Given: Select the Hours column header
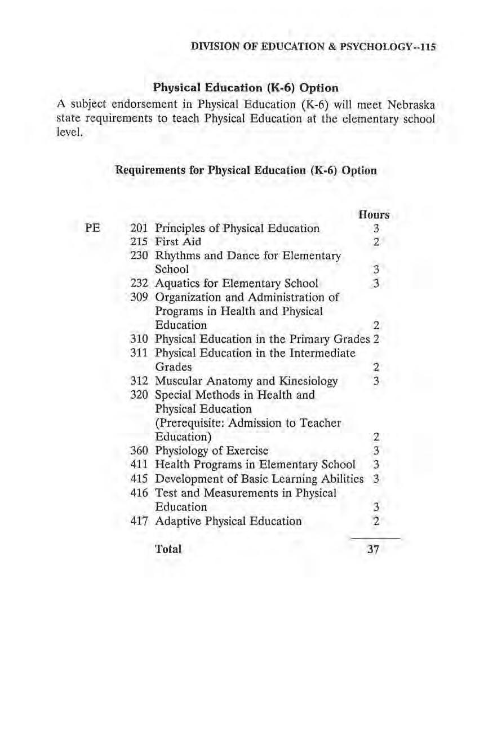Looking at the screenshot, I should pyautogui.click(x=374, y=215).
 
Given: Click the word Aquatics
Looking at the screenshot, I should pyautogui.click(x=178, y=284).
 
